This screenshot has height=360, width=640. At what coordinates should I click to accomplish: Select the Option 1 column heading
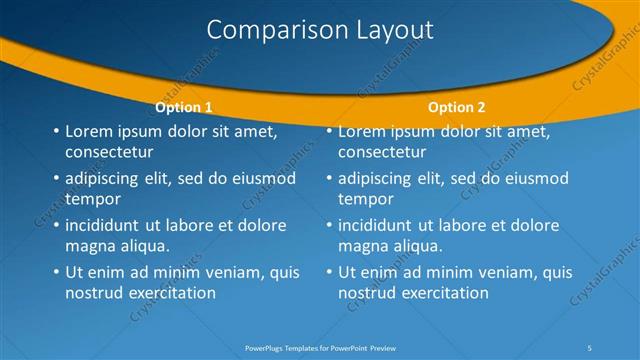tap(184, 107)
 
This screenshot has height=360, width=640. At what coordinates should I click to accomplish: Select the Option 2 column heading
tap(456, 107)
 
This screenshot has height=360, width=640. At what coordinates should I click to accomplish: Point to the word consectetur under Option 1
tap(109, 152)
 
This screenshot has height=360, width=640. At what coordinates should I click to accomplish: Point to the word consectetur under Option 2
tap(382, 152)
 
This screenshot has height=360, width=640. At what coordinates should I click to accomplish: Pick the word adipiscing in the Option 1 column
tap(103, 179)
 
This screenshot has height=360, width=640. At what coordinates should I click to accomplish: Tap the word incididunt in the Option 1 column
tap(105, 225)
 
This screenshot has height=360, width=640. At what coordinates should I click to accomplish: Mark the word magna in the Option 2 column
tap(363, 246)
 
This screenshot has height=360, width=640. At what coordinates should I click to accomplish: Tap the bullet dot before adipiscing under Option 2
tap(330, 179)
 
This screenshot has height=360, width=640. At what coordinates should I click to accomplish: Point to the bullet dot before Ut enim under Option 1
tap(56, 272)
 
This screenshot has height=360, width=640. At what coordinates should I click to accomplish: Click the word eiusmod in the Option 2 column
tap(537, 179)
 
